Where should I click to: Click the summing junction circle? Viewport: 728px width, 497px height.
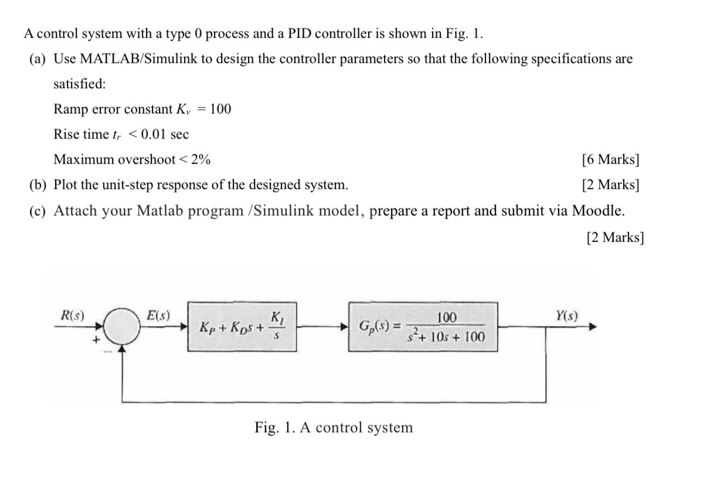click(122, 326)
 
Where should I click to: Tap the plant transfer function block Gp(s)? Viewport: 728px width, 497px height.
click(423, 327)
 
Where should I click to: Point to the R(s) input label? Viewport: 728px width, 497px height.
click(73, 315)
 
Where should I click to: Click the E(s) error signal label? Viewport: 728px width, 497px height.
click(158, 315)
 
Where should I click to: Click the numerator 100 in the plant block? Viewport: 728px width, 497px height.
click(446, 318)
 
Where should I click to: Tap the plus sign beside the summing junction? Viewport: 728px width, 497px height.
click(92, 338)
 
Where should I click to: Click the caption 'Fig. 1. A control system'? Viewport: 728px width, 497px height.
click(334, 427)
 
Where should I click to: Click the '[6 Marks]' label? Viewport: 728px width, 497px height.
click(610, 159)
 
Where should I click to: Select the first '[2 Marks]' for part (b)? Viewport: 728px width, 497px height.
click(610, 185)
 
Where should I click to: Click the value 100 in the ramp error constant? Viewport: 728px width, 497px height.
click(220, 109)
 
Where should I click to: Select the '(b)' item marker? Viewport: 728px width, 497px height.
click(38, 185)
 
